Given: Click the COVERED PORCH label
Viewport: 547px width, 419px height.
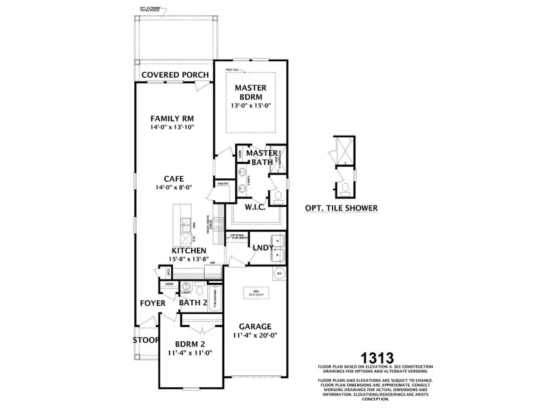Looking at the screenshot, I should pos(175,75).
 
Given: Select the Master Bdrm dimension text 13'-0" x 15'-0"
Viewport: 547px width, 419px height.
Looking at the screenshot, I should pos(251,105).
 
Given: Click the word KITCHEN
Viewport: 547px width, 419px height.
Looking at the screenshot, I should pos(188,251).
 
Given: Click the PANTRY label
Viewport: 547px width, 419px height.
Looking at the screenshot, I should pos(222,182).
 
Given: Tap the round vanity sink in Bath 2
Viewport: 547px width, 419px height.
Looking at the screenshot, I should pos(187,286).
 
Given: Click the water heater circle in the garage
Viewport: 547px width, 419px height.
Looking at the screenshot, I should pos(279,274).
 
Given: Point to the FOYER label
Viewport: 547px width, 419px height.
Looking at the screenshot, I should pos(153,303).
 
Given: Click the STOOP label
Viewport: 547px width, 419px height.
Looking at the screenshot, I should pos(146,339).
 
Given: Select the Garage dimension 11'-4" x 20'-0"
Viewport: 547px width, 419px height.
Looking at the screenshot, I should pos(255,335).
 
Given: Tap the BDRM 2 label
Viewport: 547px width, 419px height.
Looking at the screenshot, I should pos(189,343).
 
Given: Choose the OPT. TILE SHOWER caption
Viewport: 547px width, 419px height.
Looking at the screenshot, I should pos(341,208).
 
